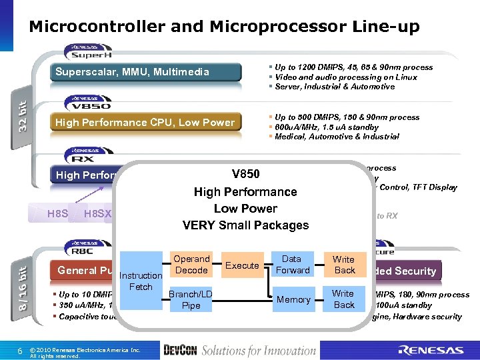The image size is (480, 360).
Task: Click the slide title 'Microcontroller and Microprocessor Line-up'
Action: tap(224, 27)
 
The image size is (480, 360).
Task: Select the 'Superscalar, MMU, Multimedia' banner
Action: tap(141, 72)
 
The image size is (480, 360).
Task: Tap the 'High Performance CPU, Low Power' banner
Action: tap(145, 122)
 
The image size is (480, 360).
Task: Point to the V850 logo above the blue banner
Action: tap(88, 103)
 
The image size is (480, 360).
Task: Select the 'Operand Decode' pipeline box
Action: tap(191, 265)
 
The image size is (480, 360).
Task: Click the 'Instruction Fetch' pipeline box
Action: tap(140, 281)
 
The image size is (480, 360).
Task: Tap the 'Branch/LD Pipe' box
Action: tap(191, 299)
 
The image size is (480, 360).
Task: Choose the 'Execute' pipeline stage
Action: tap(242, 265)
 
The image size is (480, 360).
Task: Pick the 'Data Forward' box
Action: tap(293, 265)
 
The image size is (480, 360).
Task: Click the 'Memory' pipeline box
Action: tap(293, 299)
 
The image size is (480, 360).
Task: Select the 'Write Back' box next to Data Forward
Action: tap(345, 265)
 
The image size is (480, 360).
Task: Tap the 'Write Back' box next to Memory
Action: tap(344, 299)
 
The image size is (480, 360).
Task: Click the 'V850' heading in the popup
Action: tap(245, 175)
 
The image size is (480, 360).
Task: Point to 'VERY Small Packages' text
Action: tap(245, 225)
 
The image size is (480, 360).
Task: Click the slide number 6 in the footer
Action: tap(21, 350)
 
